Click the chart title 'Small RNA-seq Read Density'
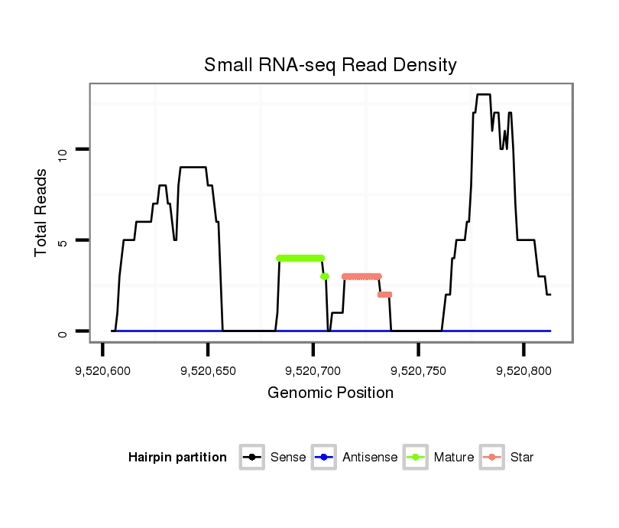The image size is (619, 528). click(330, 65)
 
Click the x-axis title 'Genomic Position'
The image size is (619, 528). click(330, 393)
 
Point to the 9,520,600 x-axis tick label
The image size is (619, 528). click(102, 371)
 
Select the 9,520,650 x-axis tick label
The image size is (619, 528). click(208, 371)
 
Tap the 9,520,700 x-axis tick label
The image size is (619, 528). click(313, 371)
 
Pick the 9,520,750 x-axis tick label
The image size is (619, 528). click(419, 371)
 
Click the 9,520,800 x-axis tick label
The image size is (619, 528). click(523, 371)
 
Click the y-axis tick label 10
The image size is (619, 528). click(63, 150)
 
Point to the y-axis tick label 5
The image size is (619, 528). click(63, 240)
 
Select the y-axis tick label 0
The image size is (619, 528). click(63, 331)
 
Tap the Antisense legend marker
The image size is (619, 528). click(323, 458)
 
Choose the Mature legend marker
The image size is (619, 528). click(415, 458)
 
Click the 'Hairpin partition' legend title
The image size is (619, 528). click(177, 458)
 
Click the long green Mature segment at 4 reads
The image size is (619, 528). click(300, 258)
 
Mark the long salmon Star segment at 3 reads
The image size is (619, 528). click(361, 276)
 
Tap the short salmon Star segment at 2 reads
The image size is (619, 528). click(384, 295)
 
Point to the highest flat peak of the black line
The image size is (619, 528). click(483, 95)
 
